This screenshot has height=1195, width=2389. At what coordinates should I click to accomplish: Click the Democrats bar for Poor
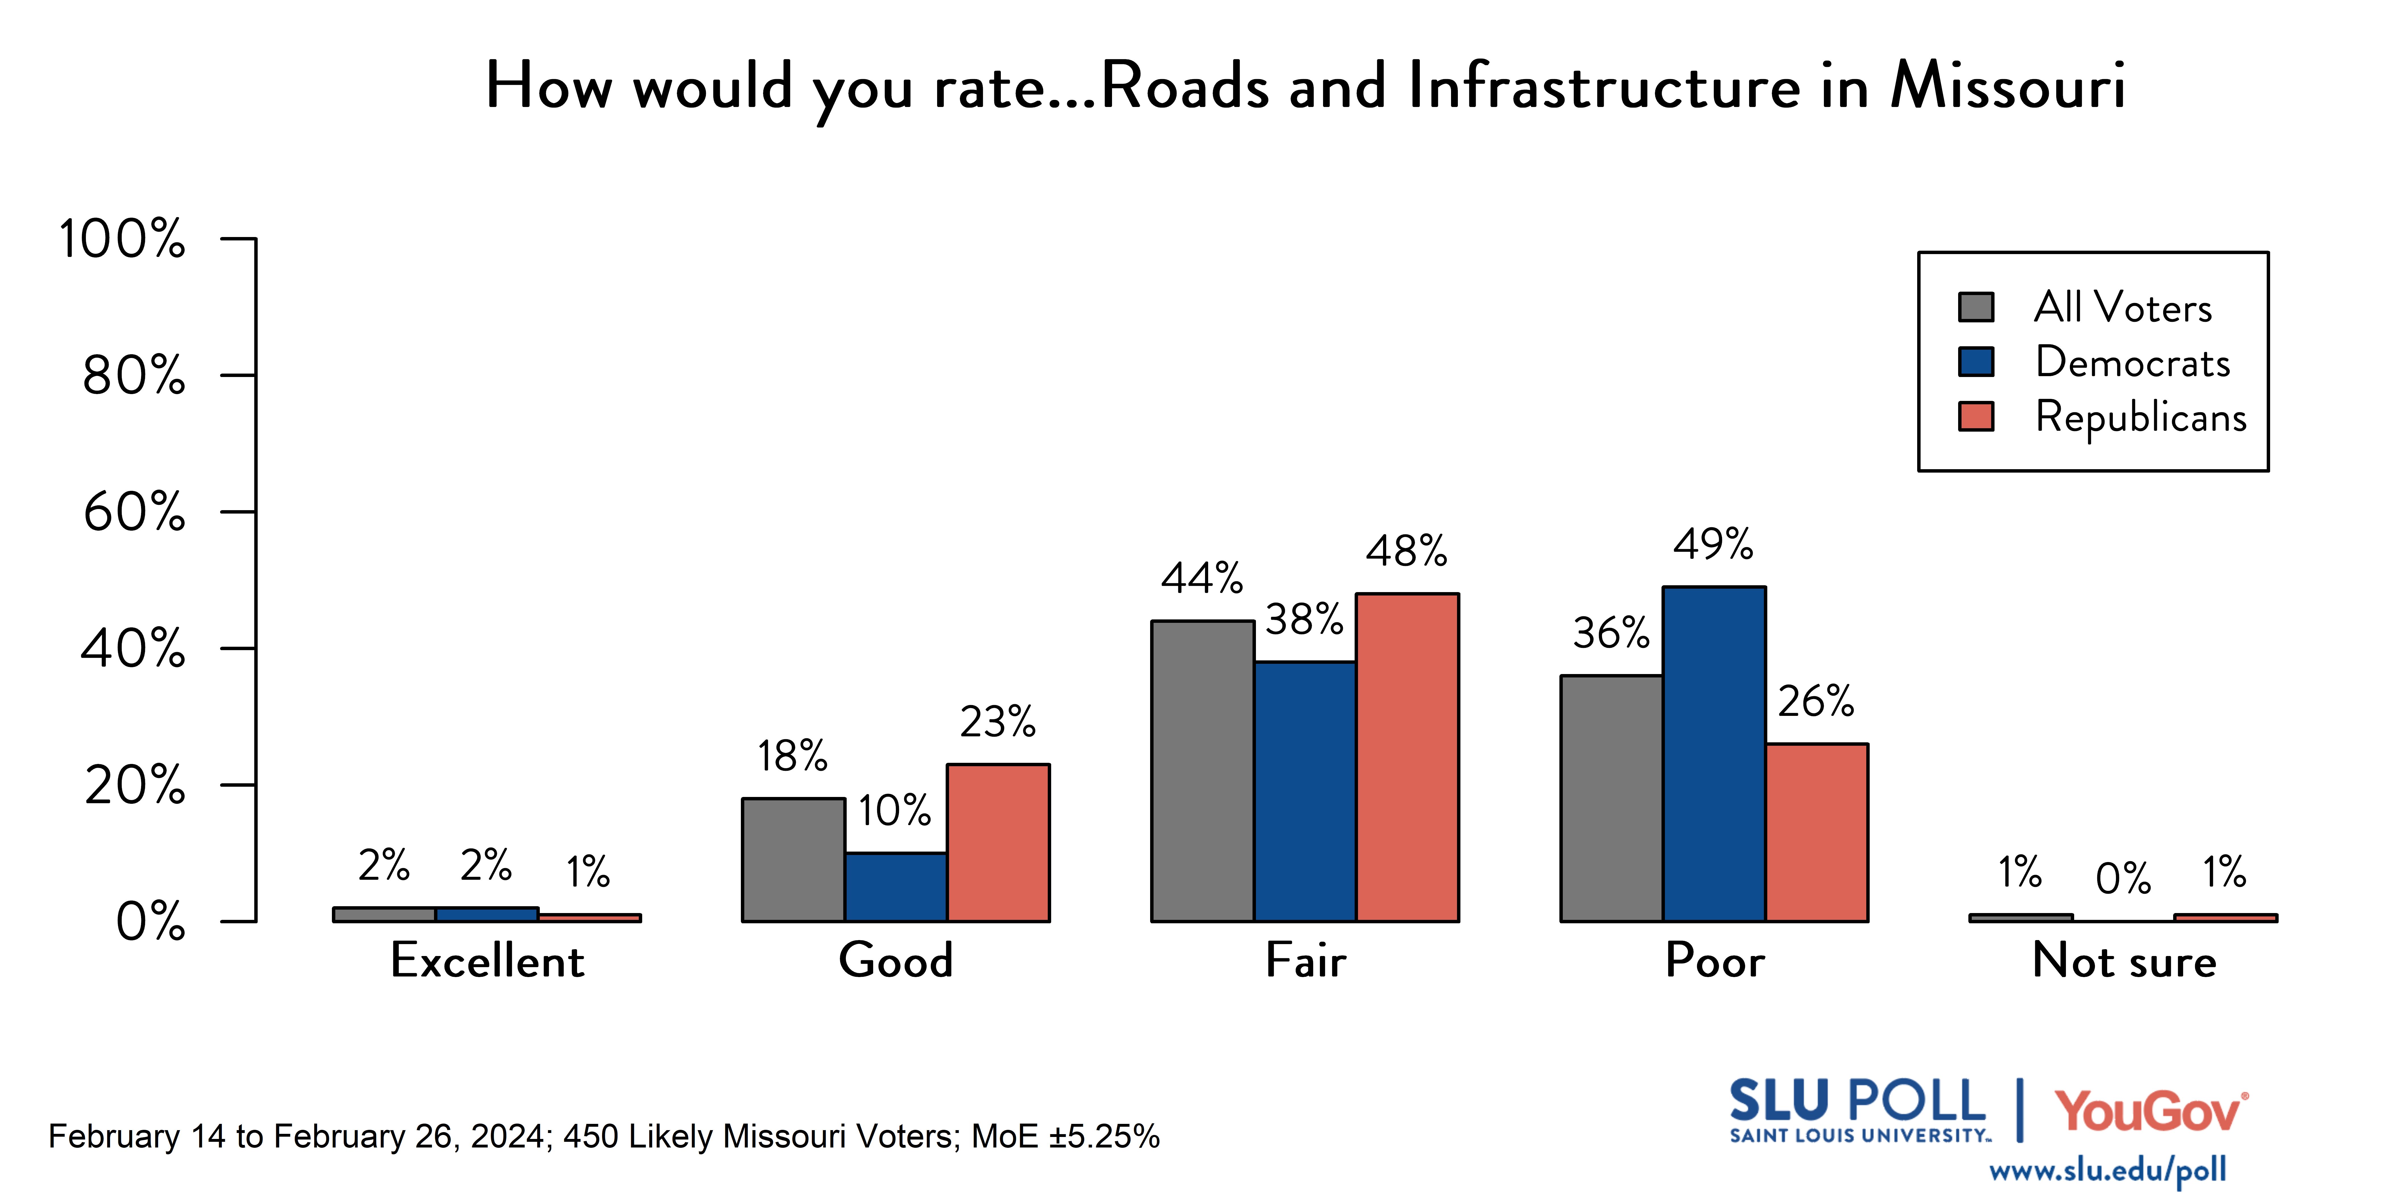(1714, 753)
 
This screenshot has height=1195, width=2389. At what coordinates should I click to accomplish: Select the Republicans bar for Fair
(1407, 757)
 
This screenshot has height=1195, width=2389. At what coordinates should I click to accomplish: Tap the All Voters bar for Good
(793, 859)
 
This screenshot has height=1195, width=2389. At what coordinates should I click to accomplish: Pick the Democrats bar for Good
(896, 887)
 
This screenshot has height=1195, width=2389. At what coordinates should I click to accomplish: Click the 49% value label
(1713, 545)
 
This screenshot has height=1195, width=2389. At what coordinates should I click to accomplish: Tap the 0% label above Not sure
(2123, 878)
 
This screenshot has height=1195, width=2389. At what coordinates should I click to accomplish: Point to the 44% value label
(1202, 579)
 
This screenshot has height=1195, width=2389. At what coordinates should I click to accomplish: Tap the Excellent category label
(487, 960)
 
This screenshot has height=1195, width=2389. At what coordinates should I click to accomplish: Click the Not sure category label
(2124, 960)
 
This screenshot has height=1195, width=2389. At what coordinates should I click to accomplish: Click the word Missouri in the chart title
(2008, 85)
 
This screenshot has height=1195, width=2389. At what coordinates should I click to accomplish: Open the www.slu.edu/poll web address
(2107, 1171)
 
